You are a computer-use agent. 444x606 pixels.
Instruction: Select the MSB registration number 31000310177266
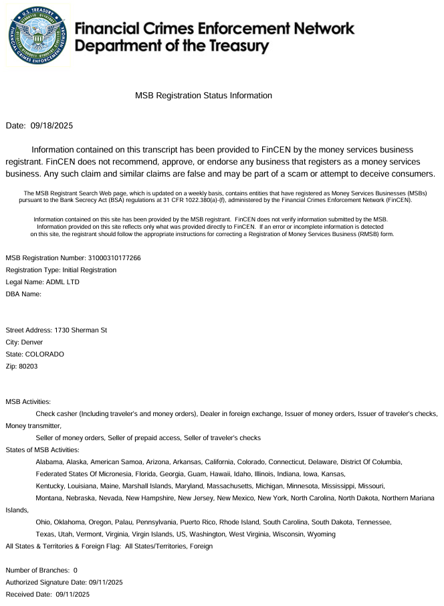point(114,258)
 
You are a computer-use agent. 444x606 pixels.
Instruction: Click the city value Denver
point(32,342)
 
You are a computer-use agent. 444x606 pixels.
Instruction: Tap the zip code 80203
point(28,366)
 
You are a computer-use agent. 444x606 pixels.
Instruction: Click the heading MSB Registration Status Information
point(203,96)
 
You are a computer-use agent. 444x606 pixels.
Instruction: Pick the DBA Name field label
point(23,294)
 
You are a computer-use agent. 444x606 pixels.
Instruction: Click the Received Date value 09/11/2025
point(73,594)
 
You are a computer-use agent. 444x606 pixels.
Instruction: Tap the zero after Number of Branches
point(76,570)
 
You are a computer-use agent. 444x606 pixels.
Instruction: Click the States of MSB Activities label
point(42,449)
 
